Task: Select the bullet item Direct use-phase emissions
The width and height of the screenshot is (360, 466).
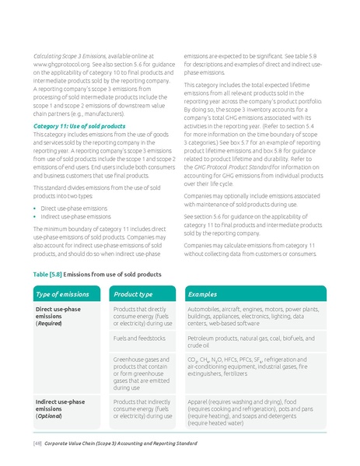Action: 75,208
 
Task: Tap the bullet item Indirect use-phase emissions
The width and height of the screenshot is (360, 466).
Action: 77,217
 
